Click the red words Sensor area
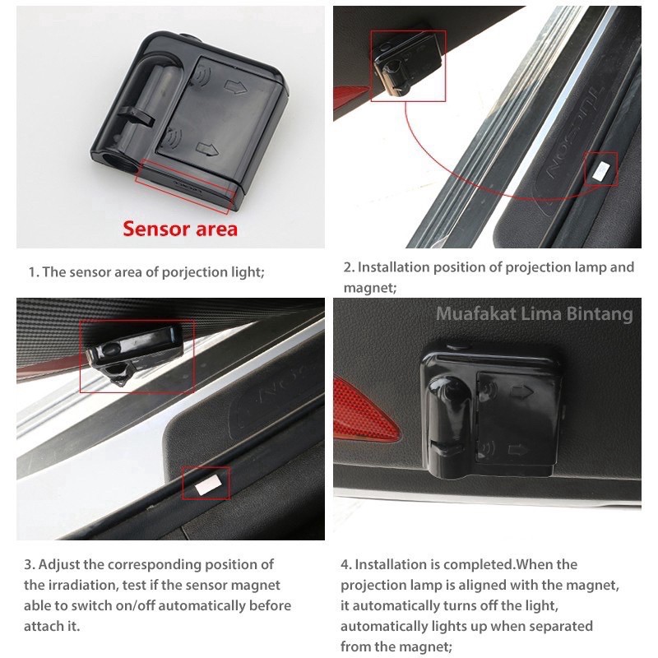[x=180, y=229]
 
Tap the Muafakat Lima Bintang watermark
[x=534, y=314]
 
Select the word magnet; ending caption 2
[x=370, y=288]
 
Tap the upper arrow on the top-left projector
[x=235, y=86]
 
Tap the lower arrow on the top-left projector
[x=207, y=149]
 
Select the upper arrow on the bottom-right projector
[x=521, y=393]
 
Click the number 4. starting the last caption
[x=345, y=565]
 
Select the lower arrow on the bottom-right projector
[x=518, y=450]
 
